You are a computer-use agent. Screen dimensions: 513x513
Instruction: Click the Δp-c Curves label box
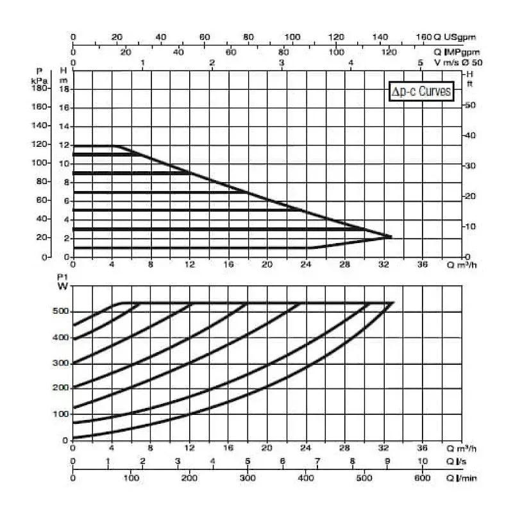[x=422, y=92]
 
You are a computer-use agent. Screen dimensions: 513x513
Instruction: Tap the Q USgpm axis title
[x=456, y=37]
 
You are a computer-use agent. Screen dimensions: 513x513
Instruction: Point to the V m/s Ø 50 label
[x=457, y=62]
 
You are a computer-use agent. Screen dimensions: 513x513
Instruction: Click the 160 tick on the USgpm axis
[x=425, y=37]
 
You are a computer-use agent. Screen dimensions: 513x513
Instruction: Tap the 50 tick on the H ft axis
[x=470, y=105]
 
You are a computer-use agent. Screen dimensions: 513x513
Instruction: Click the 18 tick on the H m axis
[x=63, y=89]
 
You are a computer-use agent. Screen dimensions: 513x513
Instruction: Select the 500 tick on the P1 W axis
[x=60, y=312]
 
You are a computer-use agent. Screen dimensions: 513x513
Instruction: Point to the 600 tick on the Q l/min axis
[x=423, y=478]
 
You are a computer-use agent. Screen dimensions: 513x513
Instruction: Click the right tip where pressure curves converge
[x=390, y=237]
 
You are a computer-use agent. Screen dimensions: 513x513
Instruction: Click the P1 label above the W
[x=62, y=277]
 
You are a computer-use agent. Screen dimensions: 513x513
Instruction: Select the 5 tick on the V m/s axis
[x=420, y=63]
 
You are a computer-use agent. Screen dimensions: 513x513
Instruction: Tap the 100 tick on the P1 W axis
[x=60, y=414]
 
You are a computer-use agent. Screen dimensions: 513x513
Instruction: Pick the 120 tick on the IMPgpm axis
[x=389, y=52]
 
